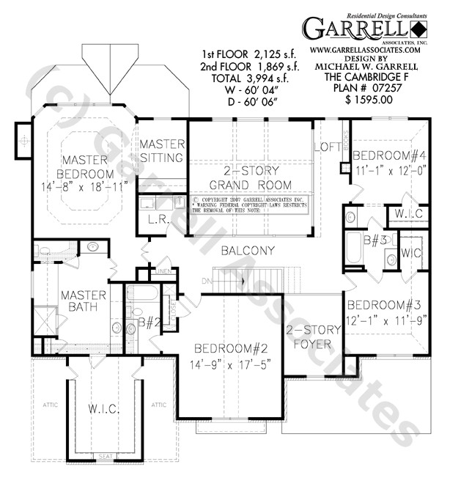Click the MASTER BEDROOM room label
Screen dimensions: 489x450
pos(87,166)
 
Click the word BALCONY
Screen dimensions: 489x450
pos(250,251)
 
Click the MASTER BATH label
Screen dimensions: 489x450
pos(84,301)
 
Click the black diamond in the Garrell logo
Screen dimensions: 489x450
pos(418,29)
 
